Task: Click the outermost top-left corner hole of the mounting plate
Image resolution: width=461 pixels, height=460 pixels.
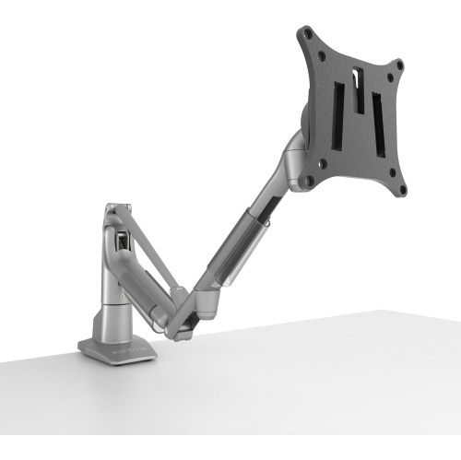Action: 307,34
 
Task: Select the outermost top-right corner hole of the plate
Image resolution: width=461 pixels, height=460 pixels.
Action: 400,65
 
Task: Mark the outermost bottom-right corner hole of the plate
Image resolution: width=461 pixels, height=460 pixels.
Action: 403,192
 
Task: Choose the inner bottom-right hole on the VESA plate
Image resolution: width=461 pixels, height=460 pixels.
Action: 390,172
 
